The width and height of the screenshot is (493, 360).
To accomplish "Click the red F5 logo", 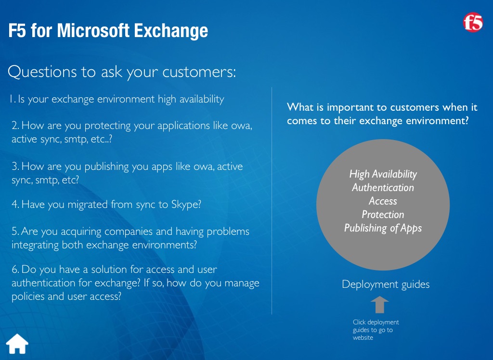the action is pyautogui.click(x=473, y=22).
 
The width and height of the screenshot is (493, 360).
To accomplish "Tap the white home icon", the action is pyautogui.click(x=17, y=344).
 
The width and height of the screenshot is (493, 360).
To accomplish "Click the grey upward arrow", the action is pyautogui.click(x=379, y=304).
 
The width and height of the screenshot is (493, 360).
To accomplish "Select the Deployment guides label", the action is pyautogui.click(x=386, y=284).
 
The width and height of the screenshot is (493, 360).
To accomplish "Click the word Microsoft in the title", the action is pyautogui.click(x=93, y=30).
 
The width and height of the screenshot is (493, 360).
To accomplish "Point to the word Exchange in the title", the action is pyautogui.click(x=171, y=31).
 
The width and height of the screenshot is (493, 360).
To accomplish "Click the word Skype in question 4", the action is pyautogui.click(x=186, y=205).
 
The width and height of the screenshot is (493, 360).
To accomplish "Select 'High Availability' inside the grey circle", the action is pyautogui.click(x=383, y=174).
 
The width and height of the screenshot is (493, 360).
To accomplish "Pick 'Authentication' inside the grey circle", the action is pyautogui.click(x=383, y=187).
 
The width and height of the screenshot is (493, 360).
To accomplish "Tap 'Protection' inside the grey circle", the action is pyautogui.click(x=383, y=215).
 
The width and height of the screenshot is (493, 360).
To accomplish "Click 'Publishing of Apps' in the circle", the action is pyautogui.click(x=383, y=228).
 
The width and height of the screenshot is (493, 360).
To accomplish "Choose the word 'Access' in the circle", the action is pyautogui.click(x=383, y=201).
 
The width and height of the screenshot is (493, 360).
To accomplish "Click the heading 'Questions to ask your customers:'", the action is pyautogui.click(x=122, y=72).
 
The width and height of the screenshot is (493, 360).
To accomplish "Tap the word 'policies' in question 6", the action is pyautogui.click(x=28, y=296).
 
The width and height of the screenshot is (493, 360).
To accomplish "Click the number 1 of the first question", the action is pyautogui.click(x=12, y=99).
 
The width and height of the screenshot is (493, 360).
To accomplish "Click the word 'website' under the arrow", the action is pyautogui.click(x=363, y=338).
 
